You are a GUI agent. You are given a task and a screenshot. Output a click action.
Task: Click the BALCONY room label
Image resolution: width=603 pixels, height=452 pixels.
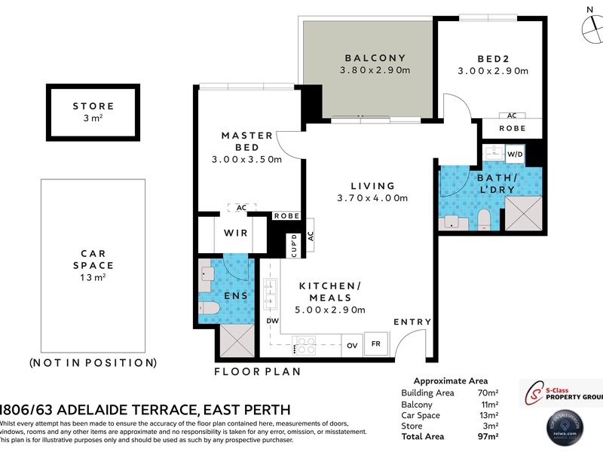tap(375, 58)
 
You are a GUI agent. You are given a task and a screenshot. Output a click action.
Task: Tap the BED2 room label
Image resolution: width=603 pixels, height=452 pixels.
tap(492, 58)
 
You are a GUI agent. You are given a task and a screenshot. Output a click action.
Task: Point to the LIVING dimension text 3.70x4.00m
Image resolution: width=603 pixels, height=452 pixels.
tap(372, 199)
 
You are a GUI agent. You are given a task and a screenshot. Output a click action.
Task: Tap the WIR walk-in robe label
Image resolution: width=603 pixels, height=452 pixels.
tap(231, 234)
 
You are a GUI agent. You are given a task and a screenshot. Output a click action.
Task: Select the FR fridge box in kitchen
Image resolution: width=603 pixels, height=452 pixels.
tap(375, 344)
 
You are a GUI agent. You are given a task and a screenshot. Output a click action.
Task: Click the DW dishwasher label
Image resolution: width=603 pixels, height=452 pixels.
tap(271, 321)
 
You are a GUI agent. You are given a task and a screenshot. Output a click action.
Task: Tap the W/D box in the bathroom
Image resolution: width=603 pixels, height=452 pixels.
tap(515, 154)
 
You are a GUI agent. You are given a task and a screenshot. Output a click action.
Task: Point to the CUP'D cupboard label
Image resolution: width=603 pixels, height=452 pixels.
tap(293, 245)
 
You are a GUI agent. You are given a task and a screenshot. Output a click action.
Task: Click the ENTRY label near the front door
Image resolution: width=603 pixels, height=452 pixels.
tap(412, 322)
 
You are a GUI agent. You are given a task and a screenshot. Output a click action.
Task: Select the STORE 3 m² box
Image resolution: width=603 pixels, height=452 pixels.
tap(93, 111)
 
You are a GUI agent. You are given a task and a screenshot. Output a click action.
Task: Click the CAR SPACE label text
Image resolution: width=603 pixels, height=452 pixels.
tap(93, 260)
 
